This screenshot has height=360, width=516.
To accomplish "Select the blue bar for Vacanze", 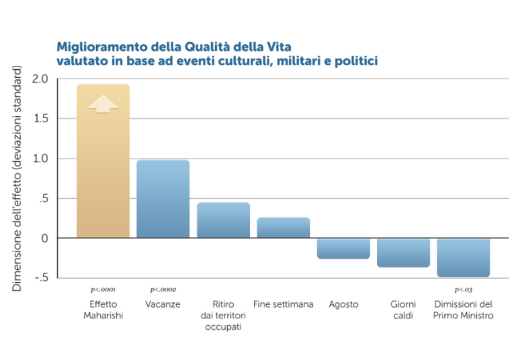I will coord(163,199).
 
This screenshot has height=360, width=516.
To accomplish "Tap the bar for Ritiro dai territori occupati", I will coord(223,220).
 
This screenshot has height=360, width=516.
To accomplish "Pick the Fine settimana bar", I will coord(284,227).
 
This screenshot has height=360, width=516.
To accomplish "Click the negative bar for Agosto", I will coord(343,248).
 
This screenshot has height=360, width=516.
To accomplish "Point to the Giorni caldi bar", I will coord(403,253).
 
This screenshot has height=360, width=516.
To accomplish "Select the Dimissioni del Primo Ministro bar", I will coord(464,257).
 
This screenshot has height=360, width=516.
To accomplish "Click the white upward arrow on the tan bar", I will coord(103,104).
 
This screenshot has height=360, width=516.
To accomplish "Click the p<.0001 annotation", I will coord(103,289).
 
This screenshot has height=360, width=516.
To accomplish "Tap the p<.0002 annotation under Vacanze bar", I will coord(163,289).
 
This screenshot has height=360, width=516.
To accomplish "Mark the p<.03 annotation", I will coord(464,289).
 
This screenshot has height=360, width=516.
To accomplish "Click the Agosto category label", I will coord(343,304).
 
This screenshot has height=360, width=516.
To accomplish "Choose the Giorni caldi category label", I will coord(403,310).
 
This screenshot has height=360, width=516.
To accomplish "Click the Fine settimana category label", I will coord(284,304).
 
